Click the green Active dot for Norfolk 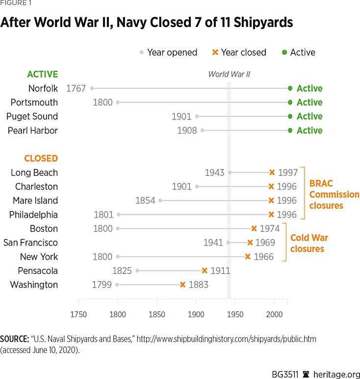(x=290, y=88)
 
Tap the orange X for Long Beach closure (x=272, y=172)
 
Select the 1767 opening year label (x=76, y=88)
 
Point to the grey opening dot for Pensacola (x=137, y=271)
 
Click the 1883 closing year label (x=199, y=285)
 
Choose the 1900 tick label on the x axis (x=196, y=315)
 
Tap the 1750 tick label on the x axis (x=78, y=315)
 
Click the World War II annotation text (x=229, y=74)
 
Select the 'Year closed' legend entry (x=239, y=53)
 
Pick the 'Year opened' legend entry (x=168, y=53)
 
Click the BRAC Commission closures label (x=334, y=194)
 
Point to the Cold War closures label (x=309, y=243)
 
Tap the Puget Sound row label (x=32, y=116)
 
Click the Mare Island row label (x=35, y=200)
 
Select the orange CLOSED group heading (x=41, y=159)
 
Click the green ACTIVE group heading (x=42, y=74)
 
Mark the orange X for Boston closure (x=254, y=228)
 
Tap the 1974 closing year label (x=270, y=228)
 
